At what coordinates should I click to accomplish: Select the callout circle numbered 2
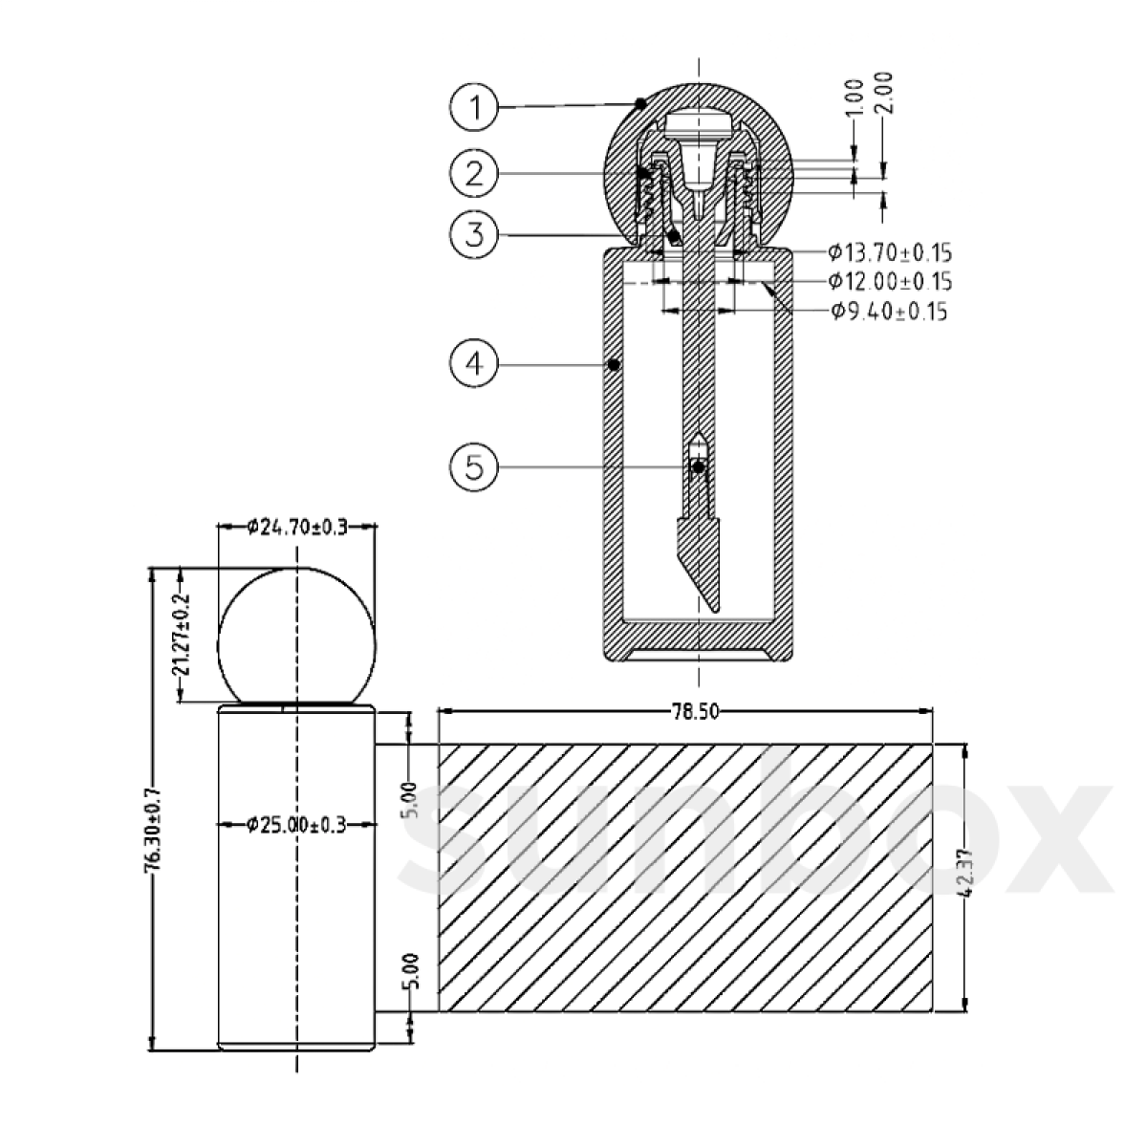click(474, 173)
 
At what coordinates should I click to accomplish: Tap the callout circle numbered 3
click(474, 234)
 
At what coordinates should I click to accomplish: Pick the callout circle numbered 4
click(474, 363)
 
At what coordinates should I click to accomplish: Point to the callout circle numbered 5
click(474, 466)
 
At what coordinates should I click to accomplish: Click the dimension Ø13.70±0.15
click(890, 253)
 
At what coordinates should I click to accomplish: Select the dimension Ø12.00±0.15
click(890, 282)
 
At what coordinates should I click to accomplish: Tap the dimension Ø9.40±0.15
click(890, 312)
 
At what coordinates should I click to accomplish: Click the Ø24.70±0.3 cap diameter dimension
click(296, 526)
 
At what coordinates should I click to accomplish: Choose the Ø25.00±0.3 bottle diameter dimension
click(296, 824)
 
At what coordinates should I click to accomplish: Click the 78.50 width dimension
click(684, 711)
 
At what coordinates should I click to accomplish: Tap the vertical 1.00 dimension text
click(855, 98)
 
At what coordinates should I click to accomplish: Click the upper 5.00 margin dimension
click(409, 799)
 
